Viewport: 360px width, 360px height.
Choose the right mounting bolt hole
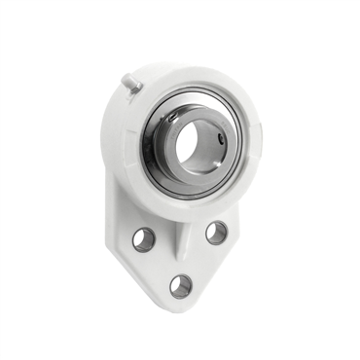[216, 233]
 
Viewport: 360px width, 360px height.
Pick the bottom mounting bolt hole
[181, 285]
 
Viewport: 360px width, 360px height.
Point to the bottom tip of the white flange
[181, 309]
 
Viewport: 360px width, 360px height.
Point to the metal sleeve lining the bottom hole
[172, 286]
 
